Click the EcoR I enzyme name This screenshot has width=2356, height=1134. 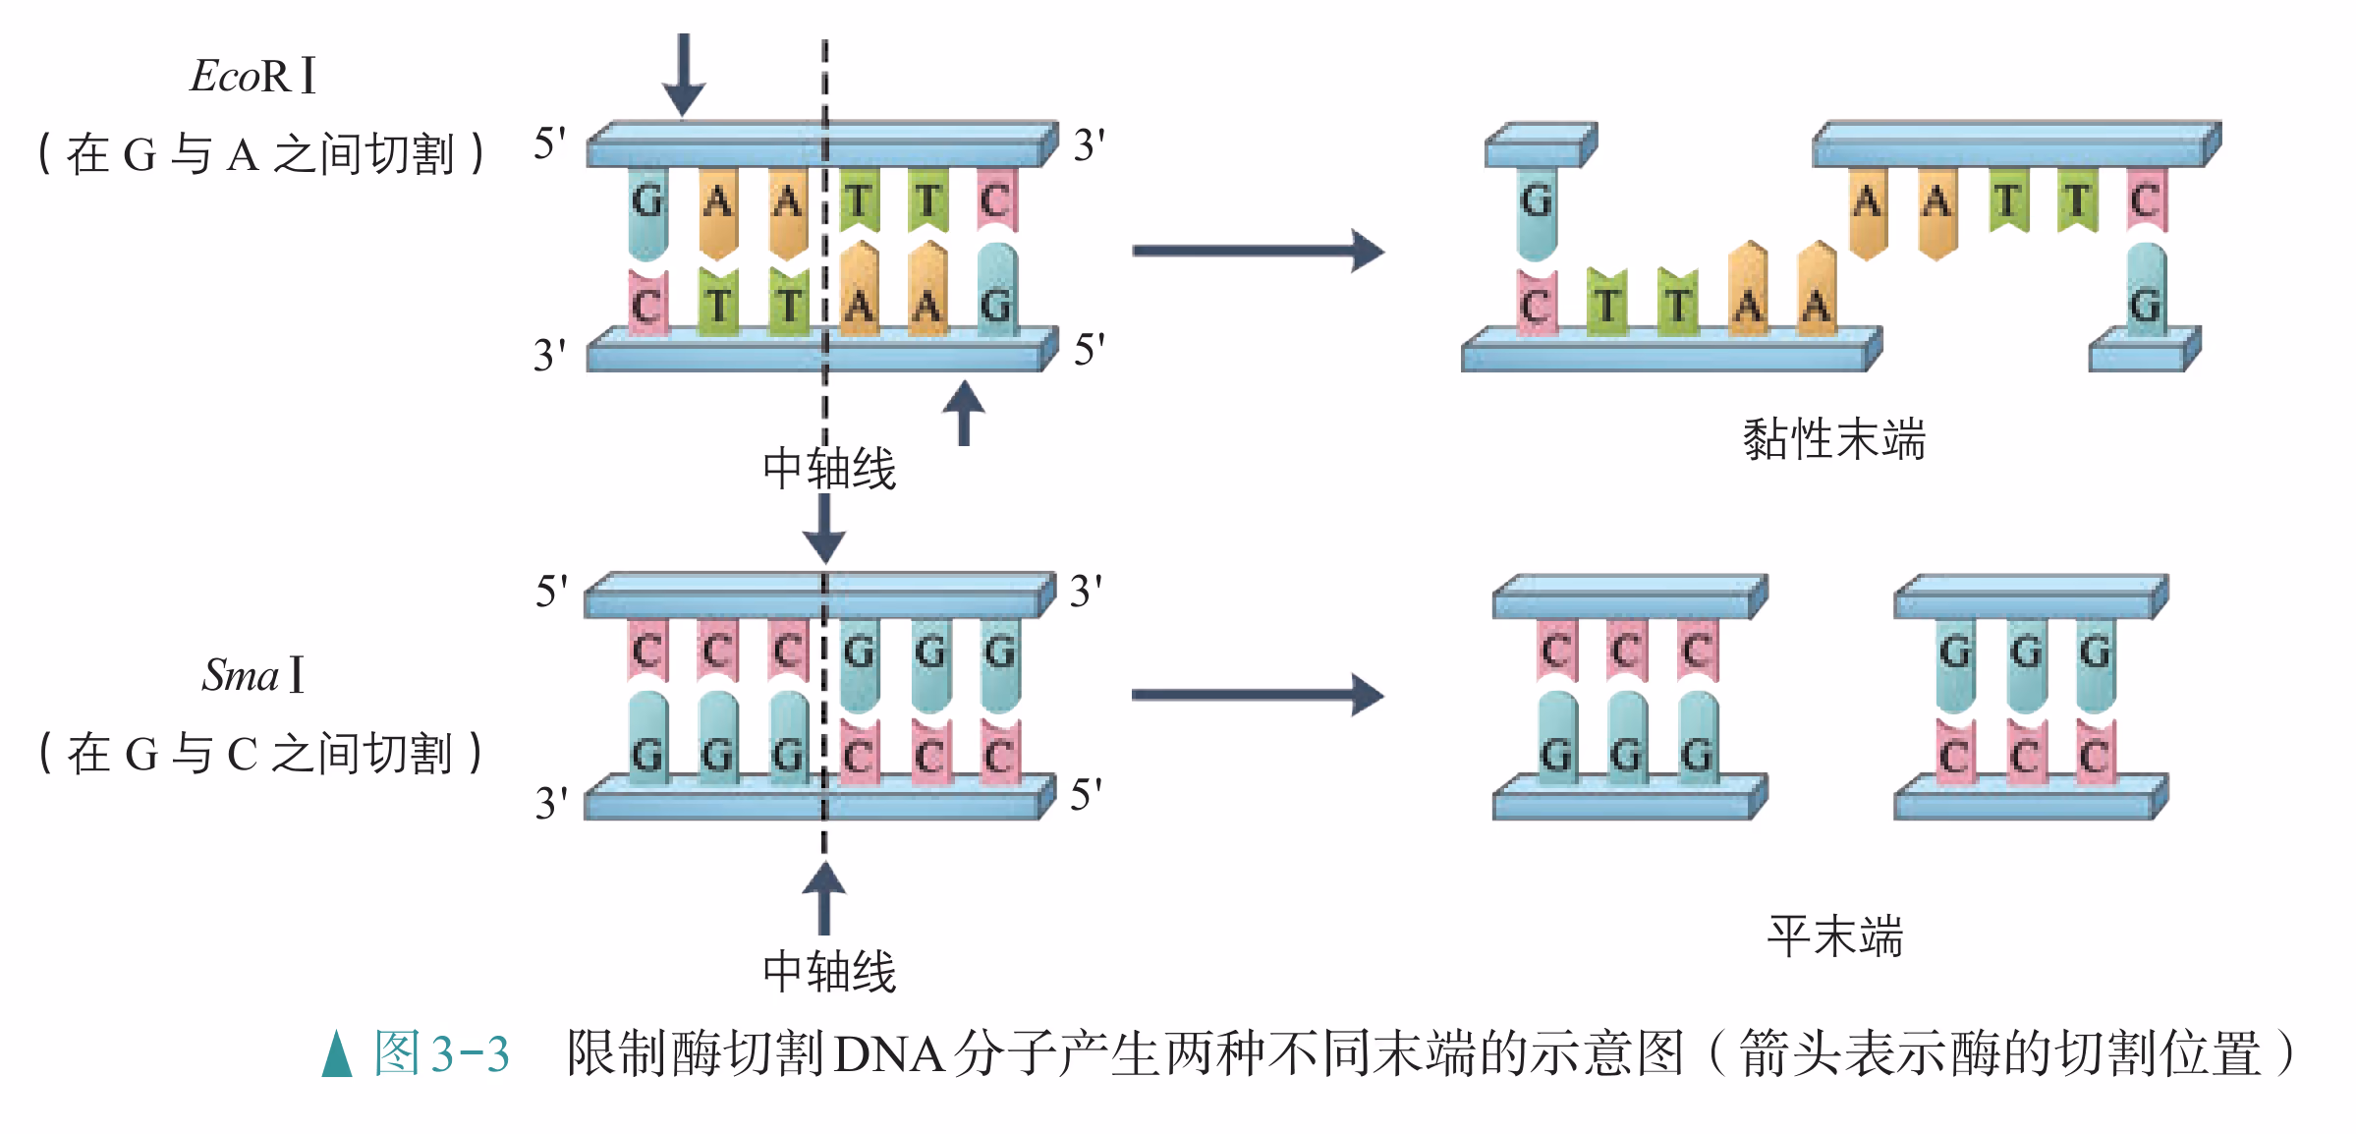tap(253, 76)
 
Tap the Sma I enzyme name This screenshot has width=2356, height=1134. tap(253, 675)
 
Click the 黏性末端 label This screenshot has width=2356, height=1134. tap(1833, 439)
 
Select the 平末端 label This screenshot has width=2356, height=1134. tap(1834, 936)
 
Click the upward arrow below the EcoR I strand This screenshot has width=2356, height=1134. tap(964, 413)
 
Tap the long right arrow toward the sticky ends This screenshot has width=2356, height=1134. tap(1258, 251)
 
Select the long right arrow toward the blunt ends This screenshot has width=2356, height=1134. tap(1258, 695)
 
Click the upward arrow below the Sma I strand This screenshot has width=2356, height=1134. tap(823, 897)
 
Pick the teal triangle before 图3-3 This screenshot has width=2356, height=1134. tap(337, 1053)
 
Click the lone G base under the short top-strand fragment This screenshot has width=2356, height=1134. tap(1537, 201)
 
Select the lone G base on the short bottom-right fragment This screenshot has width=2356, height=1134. tap(2145, 305)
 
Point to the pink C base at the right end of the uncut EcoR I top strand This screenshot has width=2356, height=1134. tap(996, 201)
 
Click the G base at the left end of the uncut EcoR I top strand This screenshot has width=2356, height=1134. tap(646, 201)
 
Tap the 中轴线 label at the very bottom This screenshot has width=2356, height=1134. tap(829, 971)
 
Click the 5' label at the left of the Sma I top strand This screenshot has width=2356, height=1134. tap(551, 592)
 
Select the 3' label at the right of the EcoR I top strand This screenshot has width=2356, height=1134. tap(1089, 145)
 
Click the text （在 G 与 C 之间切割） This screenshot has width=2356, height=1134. tap(260, 754)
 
